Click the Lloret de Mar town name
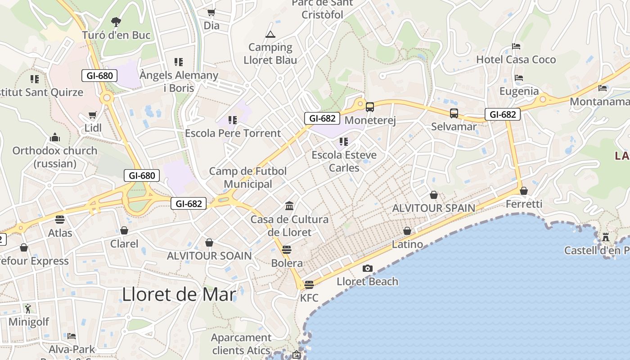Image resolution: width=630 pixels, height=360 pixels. click(x=179, y=294)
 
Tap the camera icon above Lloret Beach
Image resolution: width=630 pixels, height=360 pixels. click(x=368, y=269)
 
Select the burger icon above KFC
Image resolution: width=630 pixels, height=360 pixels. click(x=309, y=285)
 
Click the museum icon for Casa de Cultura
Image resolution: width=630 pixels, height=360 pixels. click(x=289, y=206)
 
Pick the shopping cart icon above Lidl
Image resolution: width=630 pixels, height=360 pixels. click(x=93, y=115)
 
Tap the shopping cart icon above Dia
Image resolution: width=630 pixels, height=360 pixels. click(x=211, y=13)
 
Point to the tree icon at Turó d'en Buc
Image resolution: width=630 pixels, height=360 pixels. click(x=116, y=22)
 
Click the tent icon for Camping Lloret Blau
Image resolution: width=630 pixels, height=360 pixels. click(x=270, y=34)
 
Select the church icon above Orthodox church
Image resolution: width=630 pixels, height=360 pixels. click(x=55, y=137)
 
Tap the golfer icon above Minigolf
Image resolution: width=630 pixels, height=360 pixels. click(x=28, y=309)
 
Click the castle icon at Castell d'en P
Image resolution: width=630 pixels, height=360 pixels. click(x=606, y=237)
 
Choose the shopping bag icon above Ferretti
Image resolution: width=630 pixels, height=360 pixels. click(x=524, y=191)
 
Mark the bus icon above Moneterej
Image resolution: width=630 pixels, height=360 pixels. click(x=370, y=107)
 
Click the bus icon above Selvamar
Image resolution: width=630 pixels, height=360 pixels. click(x=454, y=113)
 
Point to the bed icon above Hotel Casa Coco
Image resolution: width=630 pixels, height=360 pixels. click(x=516, y=46)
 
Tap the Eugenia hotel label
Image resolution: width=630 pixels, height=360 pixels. click(x=519, y=91)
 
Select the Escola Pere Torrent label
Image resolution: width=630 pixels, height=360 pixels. click(x=233, y=133)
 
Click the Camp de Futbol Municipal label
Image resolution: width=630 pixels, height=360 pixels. click(x=248, y=177)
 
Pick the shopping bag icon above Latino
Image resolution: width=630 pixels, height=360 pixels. click(x=407, y=231)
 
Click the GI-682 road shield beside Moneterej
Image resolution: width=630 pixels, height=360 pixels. click(x=322, y=118)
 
